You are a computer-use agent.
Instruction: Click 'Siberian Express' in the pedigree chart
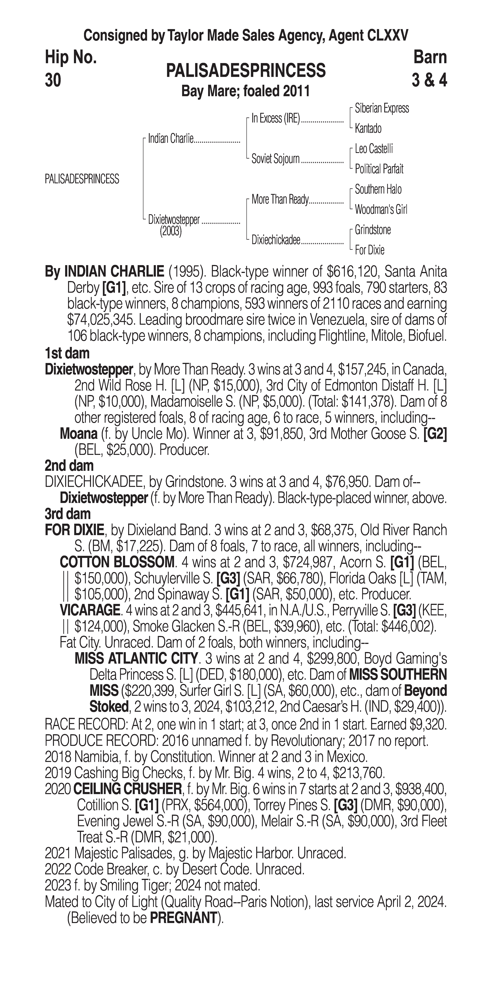[382, 108]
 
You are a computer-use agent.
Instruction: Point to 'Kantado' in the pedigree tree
[368, 129]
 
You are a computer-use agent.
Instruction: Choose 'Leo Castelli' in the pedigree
[374, 149]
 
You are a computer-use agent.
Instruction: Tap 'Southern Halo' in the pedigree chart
[378, 189]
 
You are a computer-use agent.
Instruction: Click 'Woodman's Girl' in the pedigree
[381, 209]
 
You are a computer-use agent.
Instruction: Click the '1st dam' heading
[67, 353]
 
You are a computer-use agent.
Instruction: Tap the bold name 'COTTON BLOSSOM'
[116, 562]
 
